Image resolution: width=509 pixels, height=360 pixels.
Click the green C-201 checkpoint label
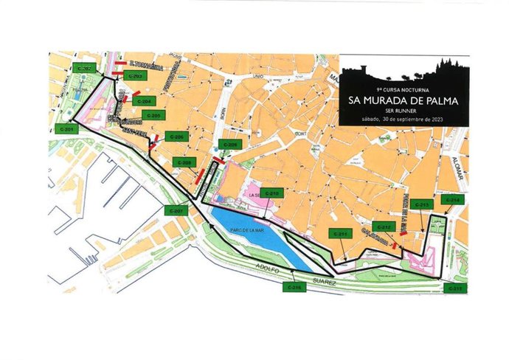(66, 129)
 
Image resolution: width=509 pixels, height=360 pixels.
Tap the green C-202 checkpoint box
(83, 68)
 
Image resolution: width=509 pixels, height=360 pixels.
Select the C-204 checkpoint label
(145, 101)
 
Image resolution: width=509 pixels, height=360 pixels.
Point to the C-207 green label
(177, 211)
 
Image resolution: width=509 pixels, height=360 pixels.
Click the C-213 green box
(422, 204)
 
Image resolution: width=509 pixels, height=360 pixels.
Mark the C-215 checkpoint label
(455, 288)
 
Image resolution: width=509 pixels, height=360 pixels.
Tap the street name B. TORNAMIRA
(145, 64)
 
